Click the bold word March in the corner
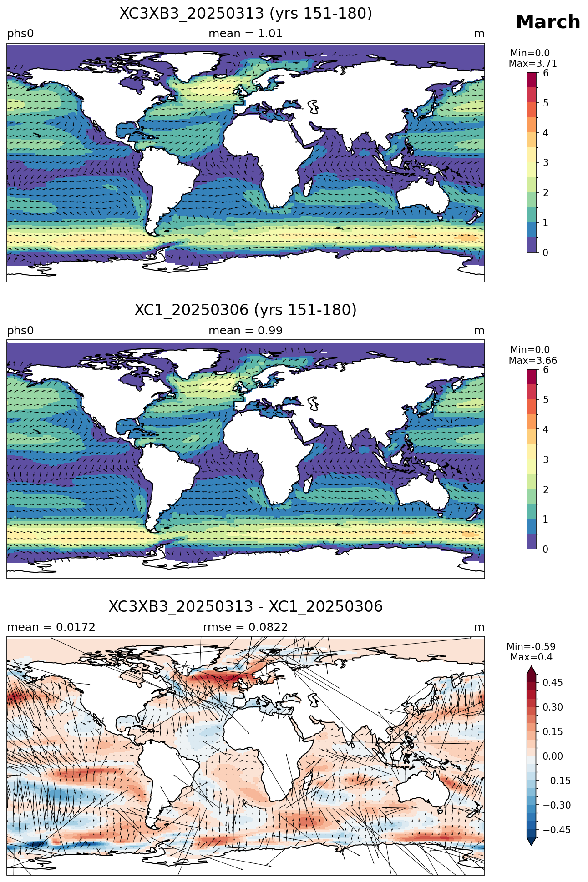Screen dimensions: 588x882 (x=548, y=22)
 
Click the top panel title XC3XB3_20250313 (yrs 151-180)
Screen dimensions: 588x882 (x=246, y=14)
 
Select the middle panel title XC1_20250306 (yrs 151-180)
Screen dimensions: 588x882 (x=246, y=310)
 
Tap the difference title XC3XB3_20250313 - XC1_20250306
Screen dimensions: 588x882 (x=246, y=607)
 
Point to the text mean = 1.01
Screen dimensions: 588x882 (x=245, y=34)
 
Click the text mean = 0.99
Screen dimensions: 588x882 (x=245, y=331)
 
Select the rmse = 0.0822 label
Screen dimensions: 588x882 (x=245, y=627)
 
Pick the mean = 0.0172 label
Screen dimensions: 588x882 (x=51, y=627)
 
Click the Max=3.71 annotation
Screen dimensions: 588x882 (x=532, y=64)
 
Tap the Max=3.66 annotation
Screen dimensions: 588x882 (x=532, y=361)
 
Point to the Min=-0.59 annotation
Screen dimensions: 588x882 (x=531, y=647)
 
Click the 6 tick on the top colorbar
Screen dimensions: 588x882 (x=546, y=73)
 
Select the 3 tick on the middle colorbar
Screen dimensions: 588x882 (x=546, y=459)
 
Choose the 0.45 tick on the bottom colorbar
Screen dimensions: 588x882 (x=552, y=682)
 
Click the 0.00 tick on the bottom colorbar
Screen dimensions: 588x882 (x=552, y=756)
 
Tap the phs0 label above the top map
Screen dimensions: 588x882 (x=20, y=34)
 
